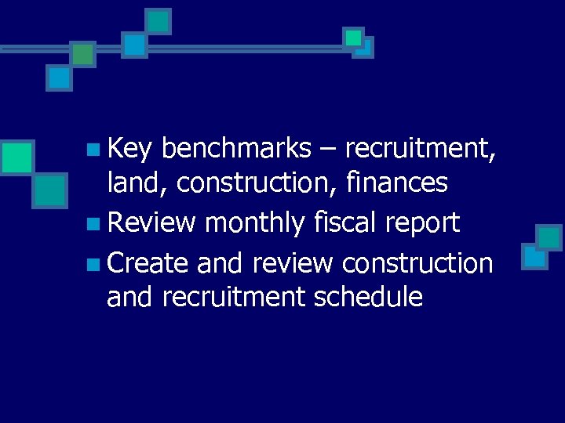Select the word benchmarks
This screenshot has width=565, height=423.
pyautogui.click(x=239, y=148)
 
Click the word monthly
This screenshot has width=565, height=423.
pyautogui.click(x=253, y=223)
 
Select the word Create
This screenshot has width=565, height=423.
pyautogui.click(x=148, y=263)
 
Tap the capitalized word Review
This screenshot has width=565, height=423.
pyautogui.click(x=151, y=223)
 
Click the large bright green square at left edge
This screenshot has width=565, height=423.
pyautogui.click(x=16, y=157)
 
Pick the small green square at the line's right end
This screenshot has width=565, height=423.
pyautogui.click(x=353, y=37)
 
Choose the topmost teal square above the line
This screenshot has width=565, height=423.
pyautogui.click(x=159, y=21)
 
